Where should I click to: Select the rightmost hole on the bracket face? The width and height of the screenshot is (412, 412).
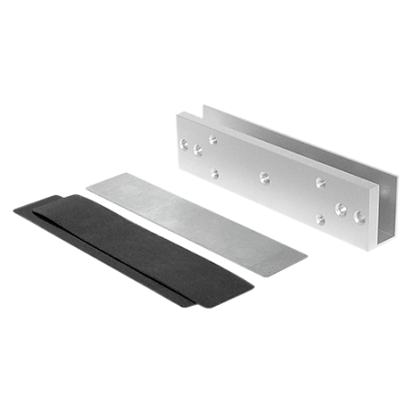358,217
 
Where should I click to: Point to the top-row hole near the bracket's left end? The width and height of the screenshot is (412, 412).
212,140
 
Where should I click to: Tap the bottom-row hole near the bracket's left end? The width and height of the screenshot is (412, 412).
213,172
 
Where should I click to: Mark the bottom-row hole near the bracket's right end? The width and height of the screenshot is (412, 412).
320,218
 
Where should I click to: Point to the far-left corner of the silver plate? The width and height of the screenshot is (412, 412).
84,188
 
